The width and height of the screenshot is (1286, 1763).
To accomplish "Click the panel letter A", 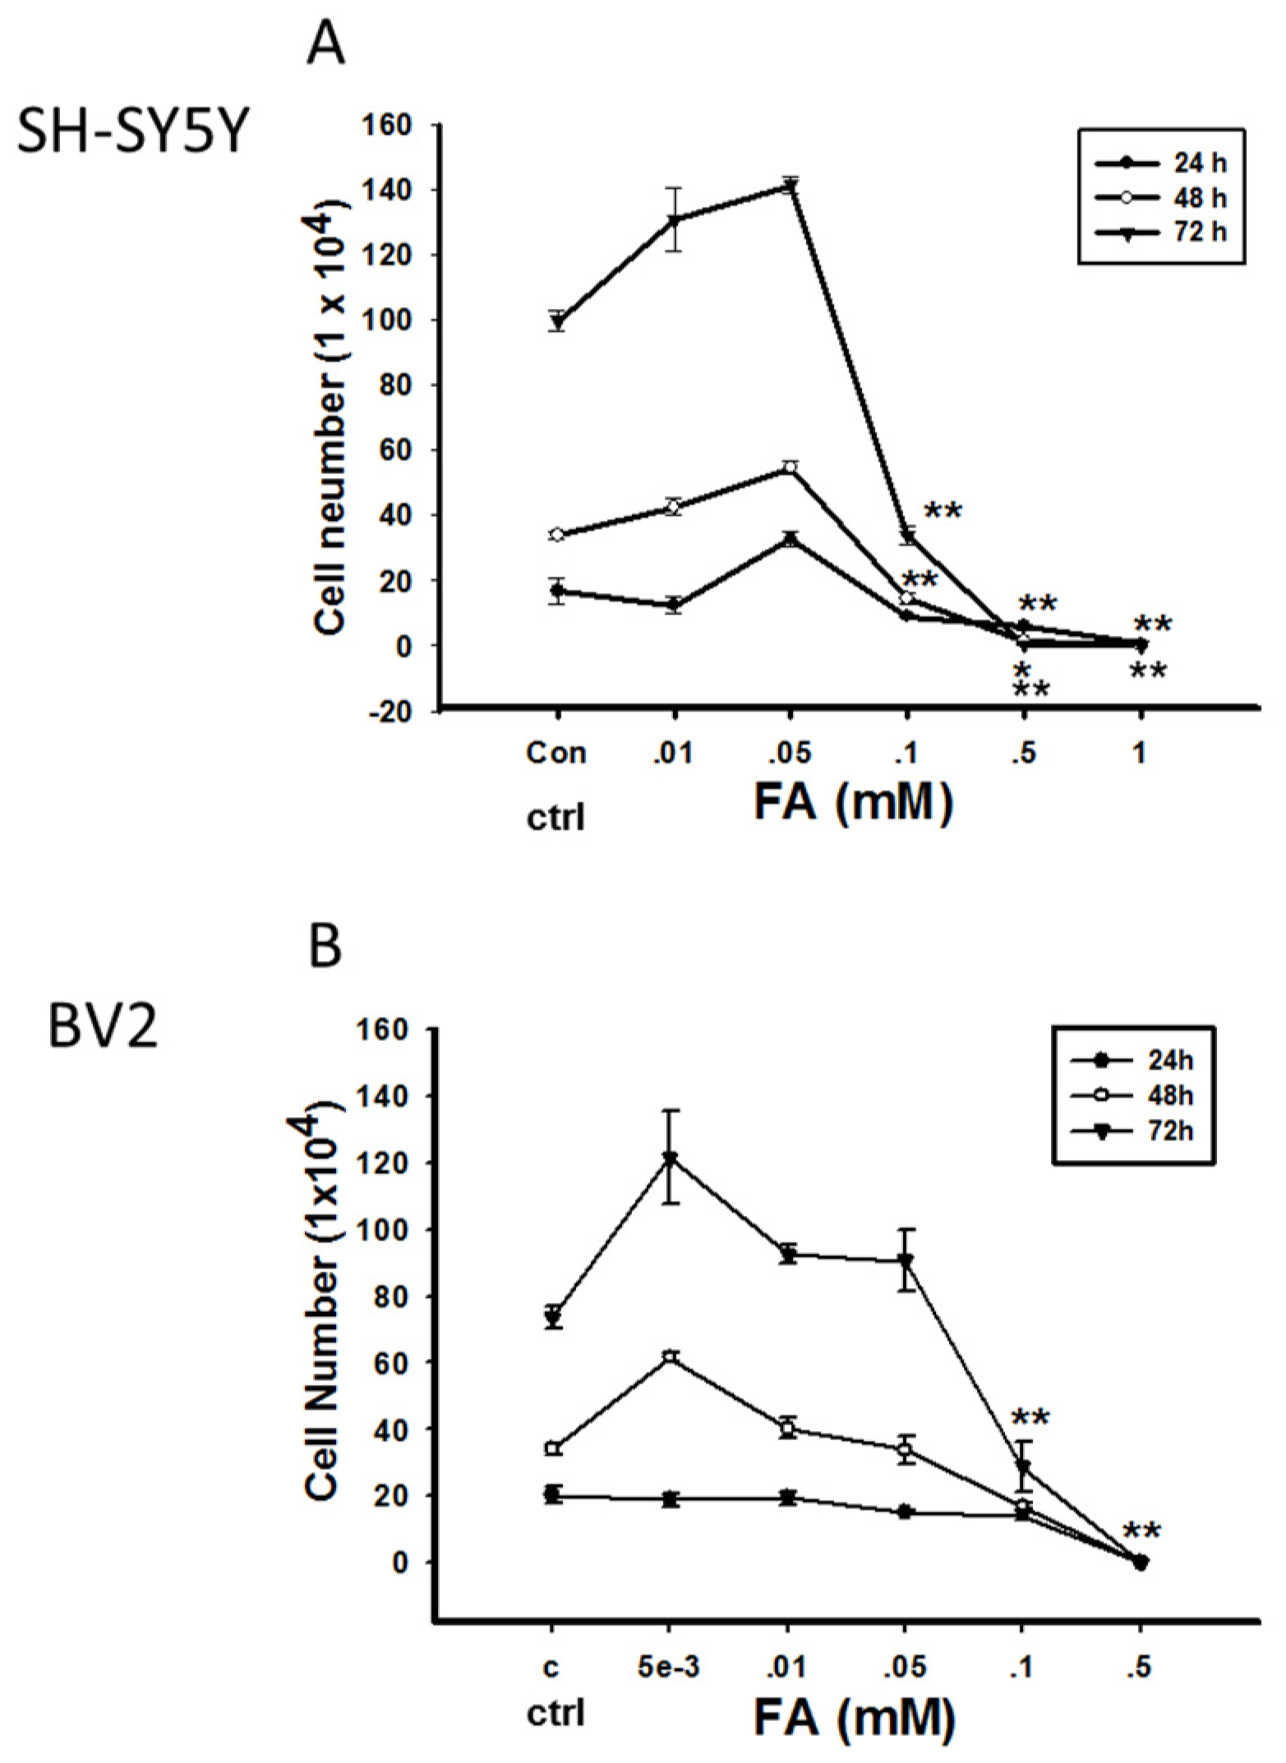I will [x=325, y=46].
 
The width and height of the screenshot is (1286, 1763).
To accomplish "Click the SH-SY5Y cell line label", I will [x=131, y=134].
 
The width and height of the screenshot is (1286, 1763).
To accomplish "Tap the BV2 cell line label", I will [x=102, y=1026].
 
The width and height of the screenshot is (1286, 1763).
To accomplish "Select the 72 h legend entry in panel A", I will [x=1161, y=232].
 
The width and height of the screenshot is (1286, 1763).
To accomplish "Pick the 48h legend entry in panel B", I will [x=1132, y=1096].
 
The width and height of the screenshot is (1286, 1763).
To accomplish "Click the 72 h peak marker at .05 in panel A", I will [x=790, y=186].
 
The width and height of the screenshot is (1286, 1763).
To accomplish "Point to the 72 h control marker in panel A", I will [x=557, y=321].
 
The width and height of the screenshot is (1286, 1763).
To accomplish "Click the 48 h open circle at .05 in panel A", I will [x=790, y=468].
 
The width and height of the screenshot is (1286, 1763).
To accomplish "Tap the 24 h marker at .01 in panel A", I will [x=674, y=605].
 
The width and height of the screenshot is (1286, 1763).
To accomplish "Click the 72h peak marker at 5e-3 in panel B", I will [x=671, y=1158].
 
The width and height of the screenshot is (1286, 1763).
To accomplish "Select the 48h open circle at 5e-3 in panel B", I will [x=671, y=1356].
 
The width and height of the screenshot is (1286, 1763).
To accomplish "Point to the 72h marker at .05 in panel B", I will [x=906, y=1259].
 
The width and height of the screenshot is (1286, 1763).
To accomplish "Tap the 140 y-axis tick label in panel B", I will [x=385, y=1096].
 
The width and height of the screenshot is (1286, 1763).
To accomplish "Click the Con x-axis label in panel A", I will [x=556, y=753].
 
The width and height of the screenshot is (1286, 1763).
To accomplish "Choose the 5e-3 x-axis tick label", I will [x=670, y=1668].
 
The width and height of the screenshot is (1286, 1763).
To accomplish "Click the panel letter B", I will [x=325, y=946].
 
